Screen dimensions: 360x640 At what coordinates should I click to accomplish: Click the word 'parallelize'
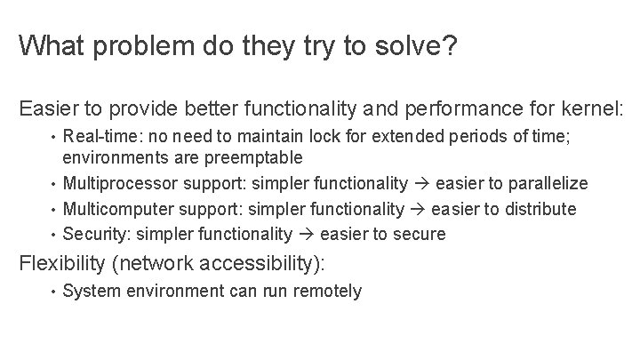point(545,183)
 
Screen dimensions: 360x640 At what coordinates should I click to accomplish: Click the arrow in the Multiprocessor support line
point(421,183)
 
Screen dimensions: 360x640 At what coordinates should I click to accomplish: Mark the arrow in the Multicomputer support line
point(416,209)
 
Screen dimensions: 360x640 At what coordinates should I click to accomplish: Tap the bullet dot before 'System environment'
point(53,292)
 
